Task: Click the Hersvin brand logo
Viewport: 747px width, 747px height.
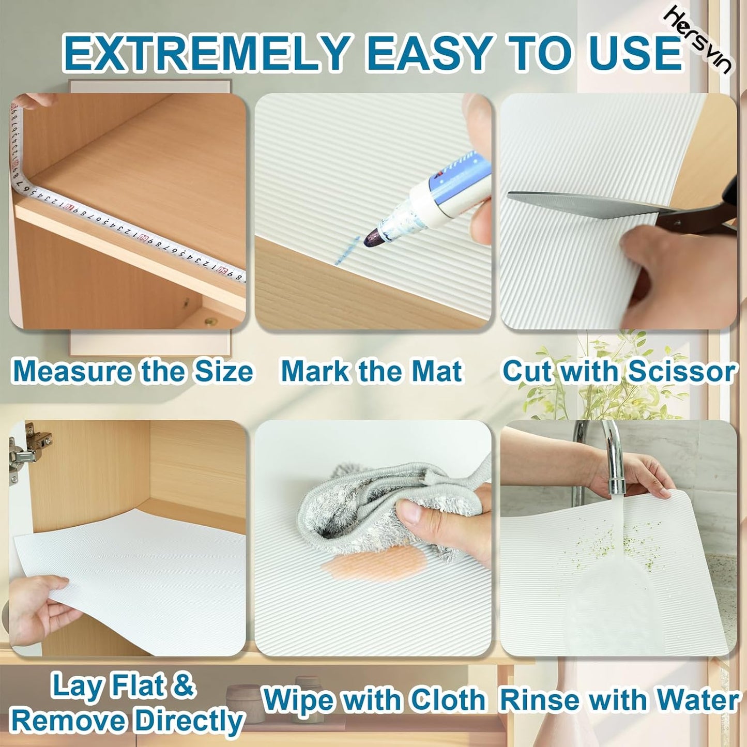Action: [x=699, y=41]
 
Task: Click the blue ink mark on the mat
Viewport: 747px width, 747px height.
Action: [x=347, y=251]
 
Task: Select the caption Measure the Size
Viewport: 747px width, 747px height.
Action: [x=132, y=372]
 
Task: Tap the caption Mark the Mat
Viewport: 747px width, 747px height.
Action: [x=371, y=372]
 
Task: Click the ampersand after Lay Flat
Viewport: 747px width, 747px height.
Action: [x=182, y=685]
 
